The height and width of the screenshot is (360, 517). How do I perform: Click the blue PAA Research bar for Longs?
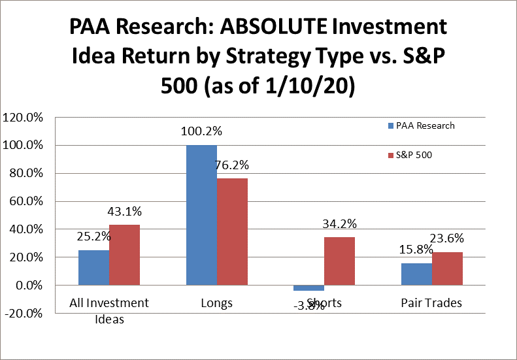click(201, 215)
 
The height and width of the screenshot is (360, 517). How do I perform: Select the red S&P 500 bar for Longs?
click(232, 231)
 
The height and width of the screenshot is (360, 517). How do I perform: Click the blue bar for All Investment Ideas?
click(93, 267)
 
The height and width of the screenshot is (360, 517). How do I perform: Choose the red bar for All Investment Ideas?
click(124, 255)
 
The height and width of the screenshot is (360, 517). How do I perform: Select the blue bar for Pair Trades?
click(416, 274)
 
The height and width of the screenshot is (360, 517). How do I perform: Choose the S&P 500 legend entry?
click(414, 155)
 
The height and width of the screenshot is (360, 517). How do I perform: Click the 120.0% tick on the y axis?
click(23, 118)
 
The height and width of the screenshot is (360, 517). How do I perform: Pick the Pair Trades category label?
click(432, 303)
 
